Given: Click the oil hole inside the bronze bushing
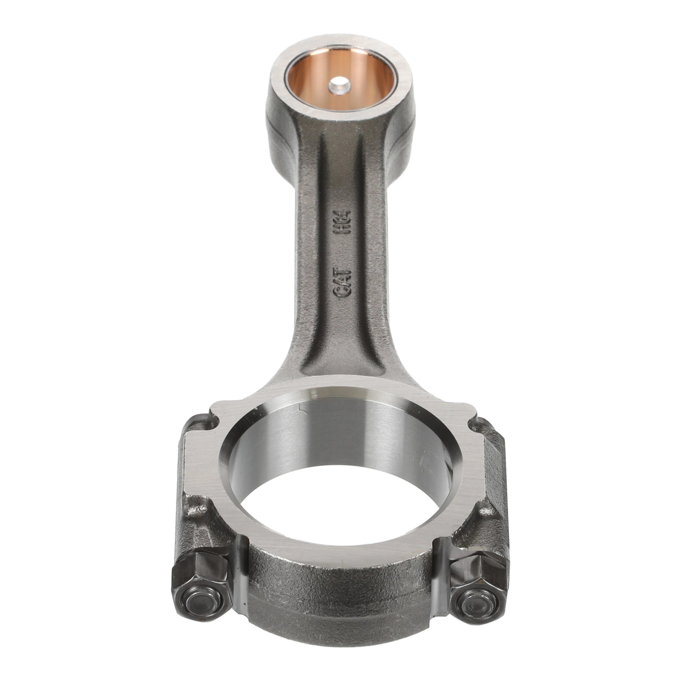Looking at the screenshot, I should pos(340,86).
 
